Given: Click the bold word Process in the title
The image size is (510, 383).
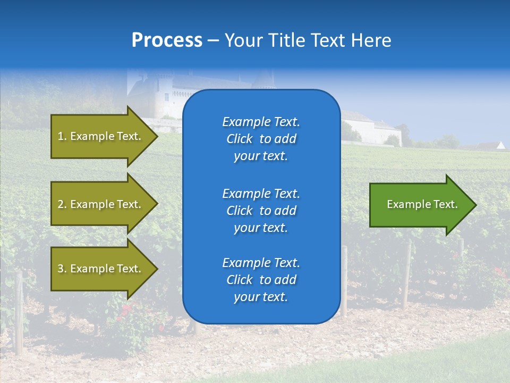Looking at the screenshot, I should pyautogui.click(x=167, y=40).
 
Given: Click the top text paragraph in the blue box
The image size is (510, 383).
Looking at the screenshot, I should pyautogui.click(x=261, y=139).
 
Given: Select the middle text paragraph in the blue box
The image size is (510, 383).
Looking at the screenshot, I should pyautogui.click(x=261, y=211).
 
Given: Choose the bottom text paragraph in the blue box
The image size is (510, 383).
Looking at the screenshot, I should pyautogui.click(x=261, y=280).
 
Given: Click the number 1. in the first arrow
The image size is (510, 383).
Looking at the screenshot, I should pyautogui.click(x=62, y=136).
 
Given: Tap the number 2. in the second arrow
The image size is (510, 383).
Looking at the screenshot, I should pyautogui.click(x=62, y=204).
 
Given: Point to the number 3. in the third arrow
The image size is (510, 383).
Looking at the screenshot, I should pyautogui.click(x=62, y=269).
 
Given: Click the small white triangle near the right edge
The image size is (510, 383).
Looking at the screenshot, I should pyautogui.click(x=500, y=145).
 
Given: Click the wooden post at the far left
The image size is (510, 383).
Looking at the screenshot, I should pyautogui.click(x=19, y=314).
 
